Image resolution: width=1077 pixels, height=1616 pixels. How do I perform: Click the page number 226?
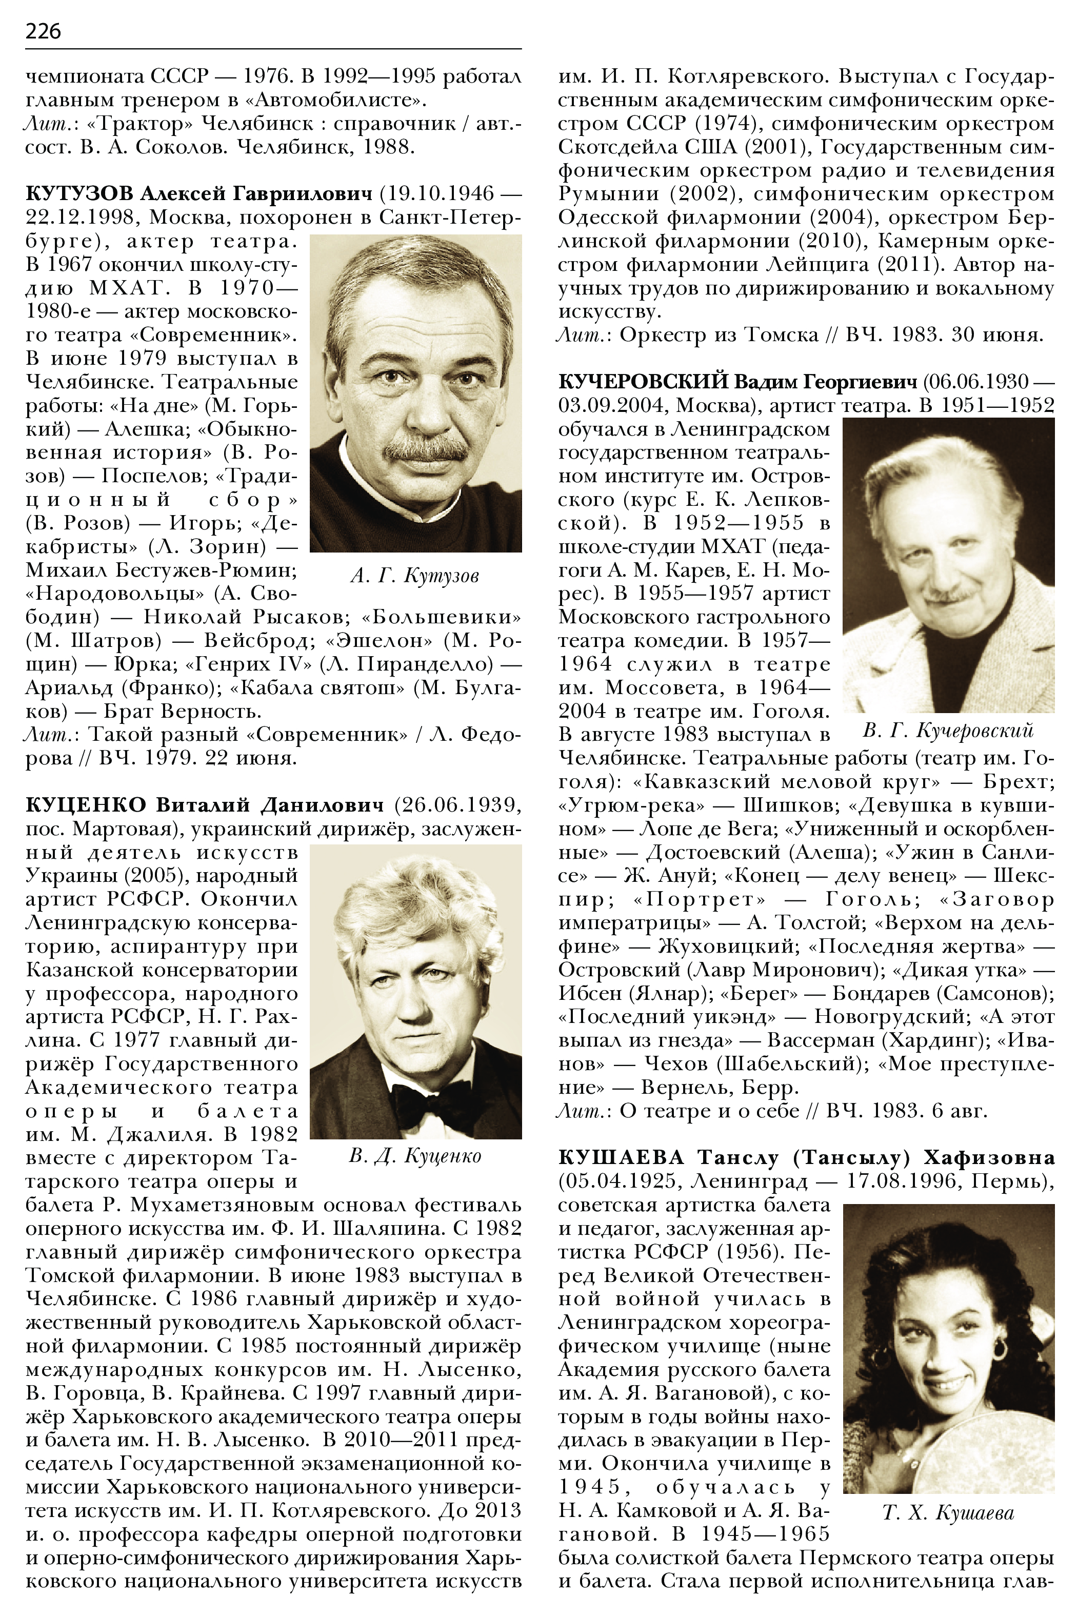[43, 31]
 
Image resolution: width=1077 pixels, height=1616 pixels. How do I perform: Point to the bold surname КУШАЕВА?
[622, 1158]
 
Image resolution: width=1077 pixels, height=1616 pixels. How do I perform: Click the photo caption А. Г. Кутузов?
[414, 576]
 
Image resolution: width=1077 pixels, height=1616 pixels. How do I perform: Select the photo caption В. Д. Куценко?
[415, 1156]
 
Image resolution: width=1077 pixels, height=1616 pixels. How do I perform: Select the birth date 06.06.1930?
[975, 382]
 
